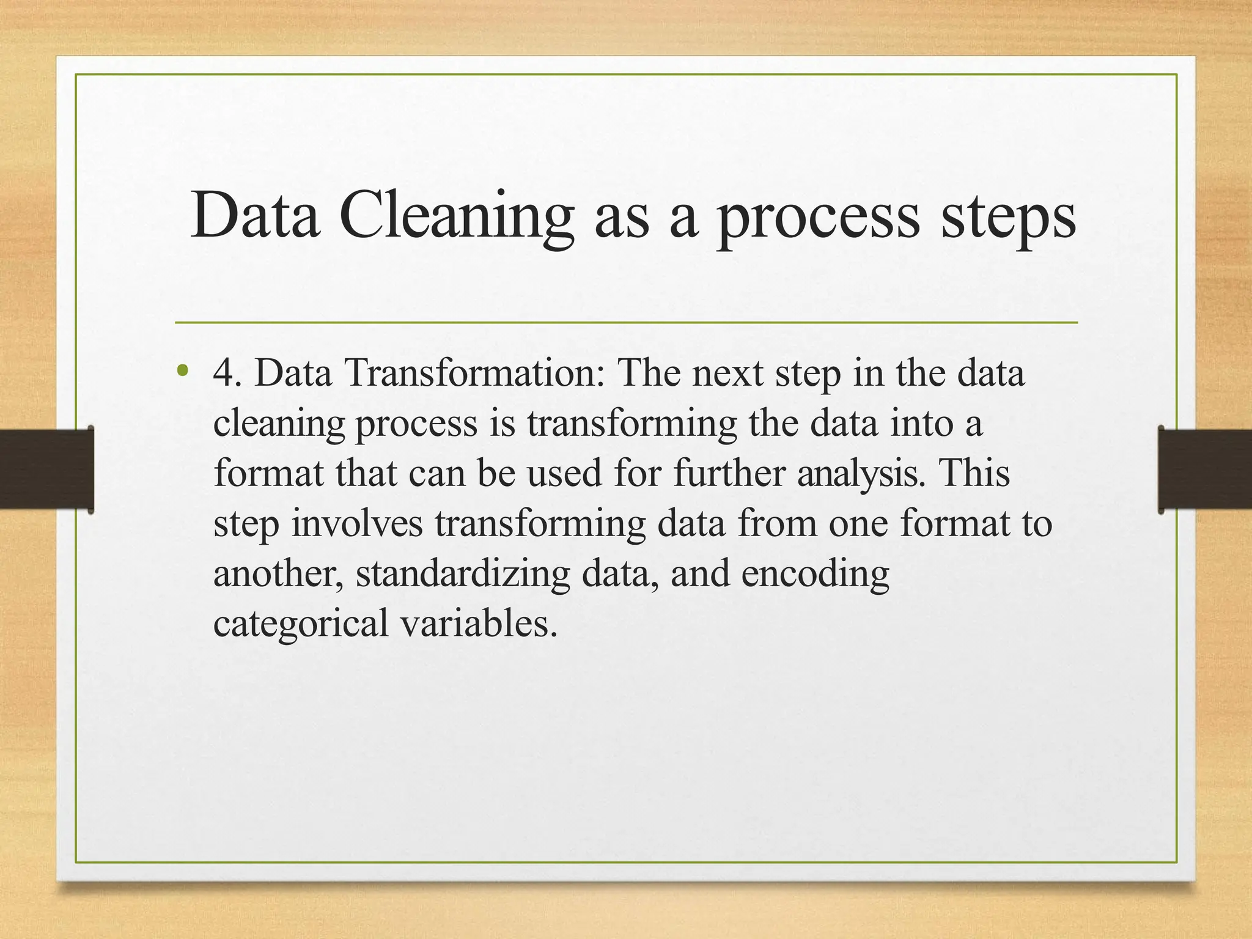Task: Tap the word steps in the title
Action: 1008,217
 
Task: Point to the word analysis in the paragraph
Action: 858,474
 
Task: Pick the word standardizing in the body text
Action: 462,574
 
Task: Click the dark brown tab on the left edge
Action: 46,469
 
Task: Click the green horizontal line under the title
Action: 626,322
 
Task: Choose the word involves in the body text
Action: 357,524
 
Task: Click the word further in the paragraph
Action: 728,474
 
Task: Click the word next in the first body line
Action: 727,373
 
